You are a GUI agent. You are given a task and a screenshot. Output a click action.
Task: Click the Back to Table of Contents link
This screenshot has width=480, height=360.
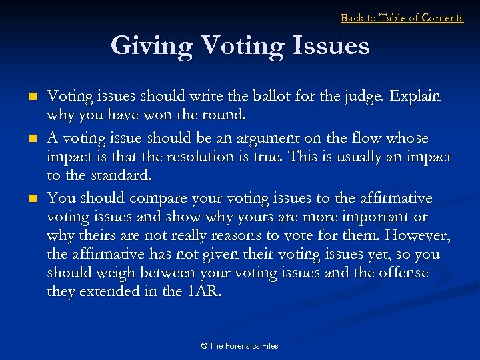[x=402, y=18]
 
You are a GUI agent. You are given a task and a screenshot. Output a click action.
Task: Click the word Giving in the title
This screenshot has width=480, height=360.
[x=151, y=46]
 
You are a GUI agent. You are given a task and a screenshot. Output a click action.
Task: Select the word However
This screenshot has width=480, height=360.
[x=417, y=236]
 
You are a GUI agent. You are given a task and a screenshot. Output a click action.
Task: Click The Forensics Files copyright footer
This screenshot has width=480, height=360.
[x=239, y=346]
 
